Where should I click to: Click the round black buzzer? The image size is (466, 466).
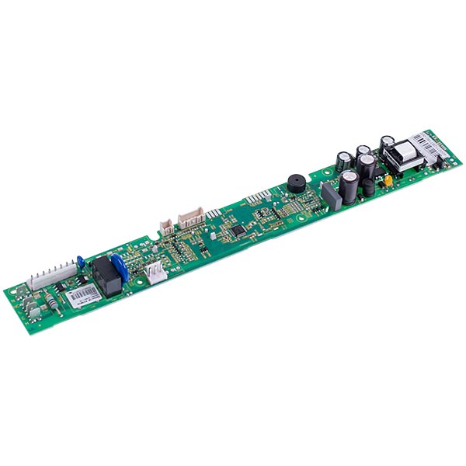click(296, 181)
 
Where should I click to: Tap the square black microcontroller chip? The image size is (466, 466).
click(239, 231)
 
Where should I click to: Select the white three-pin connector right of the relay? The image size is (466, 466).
click(156, 273)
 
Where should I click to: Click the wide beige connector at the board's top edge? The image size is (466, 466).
click(191, 217)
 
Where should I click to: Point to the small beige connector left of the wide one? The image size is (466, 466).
click(167, 226)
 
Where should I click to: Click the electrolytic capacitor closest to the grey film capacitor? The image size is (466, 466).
click(349, 187)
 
